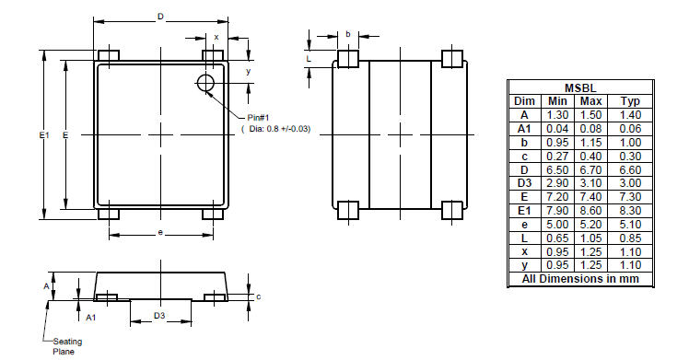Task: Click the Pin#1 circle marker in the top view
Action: point(205,85)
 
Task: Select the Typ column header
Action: point(630,100)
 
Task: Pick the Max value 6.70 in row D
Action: point(592,170)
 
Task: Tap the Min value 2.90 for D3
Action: point(557,184)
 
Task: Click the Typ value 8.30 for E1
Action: point(630,211)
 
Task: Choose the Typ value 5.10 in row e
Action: point(630,225)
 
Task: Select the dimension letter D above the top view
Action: point(161,17)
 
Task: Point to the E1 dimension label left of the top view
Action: point(43,135)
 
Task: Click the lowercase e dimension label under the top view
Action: point(160,233)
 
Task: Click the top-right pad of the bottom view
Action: point(451,59)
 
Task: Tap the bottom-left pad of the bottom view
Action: point(347,210)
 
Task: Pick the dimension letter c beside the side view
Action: point(259,296)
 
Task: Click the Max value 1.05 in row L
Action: point(592,238)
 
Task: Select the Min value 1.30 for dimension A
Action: point(557,114)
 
